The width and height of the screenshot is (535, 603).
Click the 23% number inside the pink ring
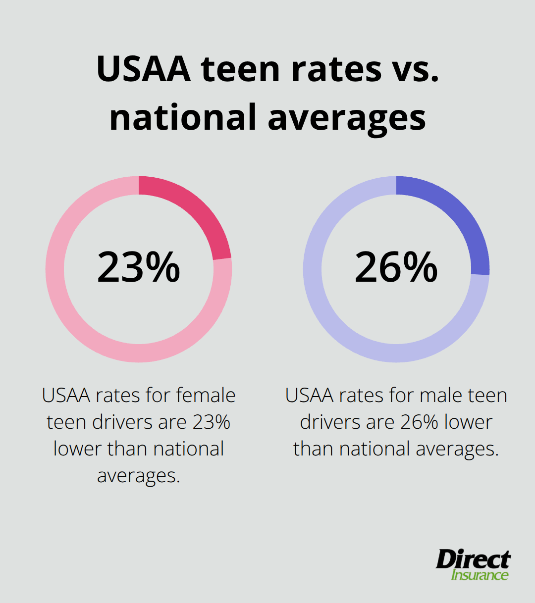139,268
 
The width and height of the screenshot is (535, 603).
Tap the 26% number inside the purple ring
396,268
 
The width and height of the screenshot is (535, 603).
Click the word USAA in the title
144,69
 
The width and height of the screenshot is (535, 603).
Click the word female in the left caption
206,396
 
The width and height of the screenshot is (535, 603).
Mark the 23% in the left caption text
212,422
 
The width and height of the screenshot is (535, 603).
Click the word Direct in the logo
473,560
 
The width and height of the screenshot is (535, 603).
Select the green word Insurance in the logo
480,575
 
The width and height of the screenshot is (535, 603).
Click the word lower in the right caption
468,422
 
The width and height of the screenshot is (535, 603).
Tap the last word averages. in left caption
139,476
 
